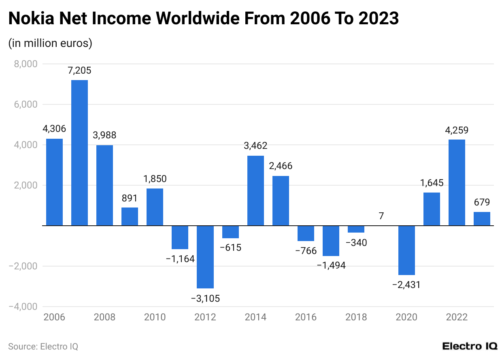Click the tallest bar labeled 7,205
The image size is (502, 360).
pyautogui.click(x=79, y=152)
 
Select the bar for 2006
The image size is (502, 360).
pyautogui.click(x=54, y=182)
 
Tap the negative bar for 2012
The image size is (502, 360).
pyautogui.click(x=205, y=257)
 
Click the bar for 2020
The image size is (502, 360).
pyautogui.click(x=406, y=250)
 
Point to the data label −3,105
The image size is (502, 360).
pyautogui.click(x=205, y=299)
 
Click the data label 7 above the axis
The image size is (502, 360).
pyautogui.click(x=381, y=216)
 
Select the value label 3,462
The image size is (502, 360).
pyautogui.click(x=255, y=146)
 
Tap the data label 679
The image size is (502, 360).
pyautogui.click(x=482, y=202)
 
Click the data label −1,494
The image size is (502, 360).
pyautogui.click(x=331, y=266)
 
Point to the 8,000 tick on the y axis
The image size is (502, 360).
pyautogui.click(x=26, y=64)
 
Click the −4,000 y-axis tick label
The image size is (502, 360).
pyautogui.click(x=23, y=307)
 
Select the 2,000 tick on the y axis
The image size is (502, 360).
pyautogui.click(x=26, y=185)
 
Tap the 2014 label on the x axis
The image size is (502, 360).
pyautogui.click(x=255, y=317)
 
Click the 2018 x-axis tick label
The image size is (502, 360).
pyautogui.click(x=356, y=317)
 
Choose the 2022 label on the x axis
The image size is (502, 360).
pyautogui.click(x=457, y=317)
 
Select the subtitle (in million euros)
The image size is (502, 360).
pyautogui.click(x=50, y=43)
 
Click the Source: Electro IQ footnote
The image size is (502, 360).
pyautogui.click(x=43, y=347)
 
